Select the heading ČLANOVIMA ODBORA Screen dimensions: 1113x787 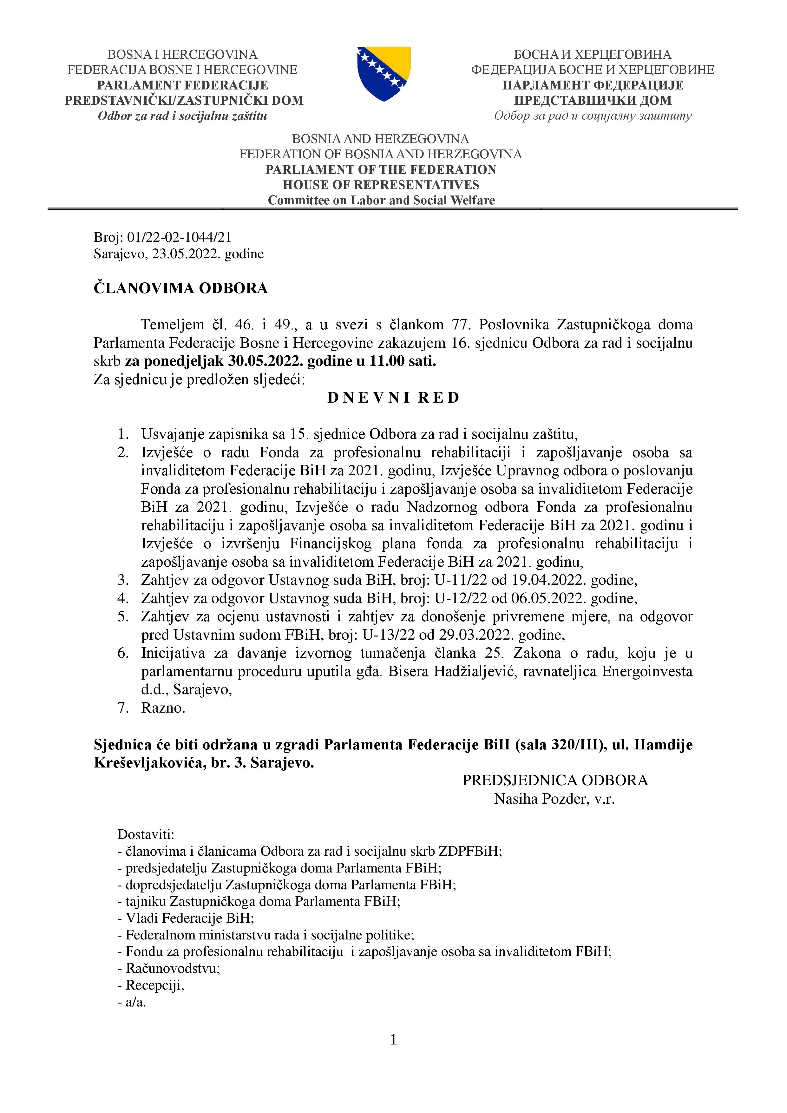[x=180, y=288]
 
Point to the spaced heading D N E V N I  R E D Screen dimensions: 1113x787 [x=393, y=398]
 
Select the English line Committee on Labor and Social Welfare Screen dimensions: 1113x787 [x=381, y=200]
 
